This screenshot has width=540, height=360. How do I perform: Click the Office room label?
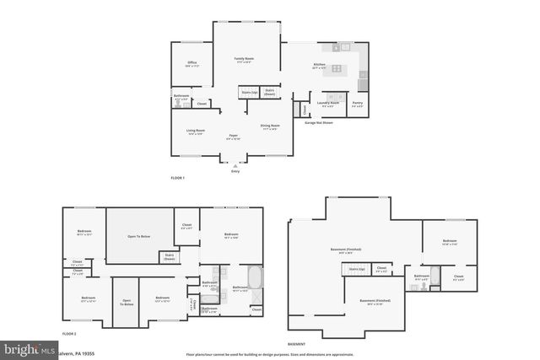[192, 63]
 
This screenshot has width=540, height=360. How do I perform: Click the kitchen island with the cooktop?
[337, 68]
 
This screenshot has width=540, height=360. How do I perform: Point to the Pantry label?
[358, 104]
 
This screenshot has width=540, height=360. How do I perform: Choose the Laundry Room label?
[327, 104]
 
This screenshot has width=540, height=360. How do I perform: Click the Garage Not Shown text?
[318, 122]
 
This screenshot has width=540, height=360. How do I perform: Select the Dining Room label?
[270, 128]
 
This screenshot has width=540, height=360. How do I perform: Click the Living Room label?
[196, 132]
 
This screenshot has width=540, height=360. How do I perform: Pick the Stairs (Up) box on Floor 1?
[249, 92]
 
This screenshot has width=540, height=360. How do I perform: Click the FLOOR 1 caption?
[177, 178]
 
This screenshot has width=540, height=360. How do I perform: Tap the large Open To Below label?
[139, 237]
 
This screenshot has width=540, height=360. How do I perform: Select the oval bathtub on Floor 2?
[254, 277]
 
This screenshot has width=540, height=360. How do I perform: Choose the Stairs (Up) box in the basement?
[356, 270]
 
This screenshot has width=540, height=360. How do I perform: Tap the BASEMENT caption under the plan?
[296, 344]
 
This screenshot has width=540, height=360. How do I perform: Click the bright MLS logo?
[25, 348]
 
